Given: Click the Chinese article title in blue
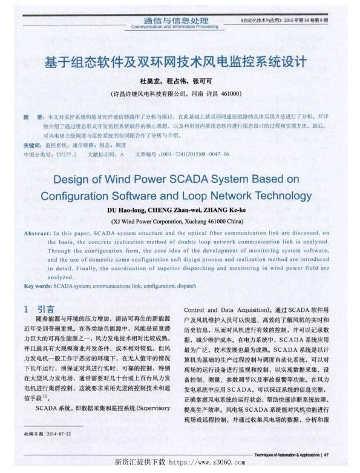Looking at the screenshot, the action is coord(179,62).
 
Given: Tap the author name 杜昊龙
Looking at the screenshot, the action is coord(150,81).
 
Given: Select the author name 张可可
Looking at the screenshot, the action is coord(203,81).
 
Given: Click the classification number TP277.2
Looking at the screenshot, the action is coord(65,155).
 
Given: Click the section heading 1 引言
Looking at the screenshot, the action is coord(40,309).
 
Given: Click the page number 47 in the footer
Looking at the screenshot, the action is coord(326,454).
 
